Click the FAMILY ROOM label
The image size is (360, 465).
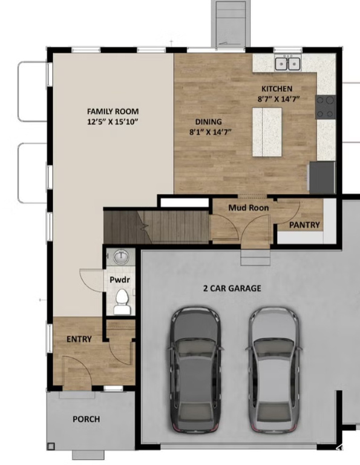(x=113, y=111)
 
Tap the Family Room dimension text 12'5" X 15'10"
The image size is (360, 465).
(x=113, y=122)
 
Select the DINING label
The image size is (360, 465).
(x=209, y=122)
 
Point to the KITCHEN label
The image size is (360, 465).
(x=277, y=88)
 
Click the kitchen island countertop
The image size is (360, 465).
(x=267, y=132)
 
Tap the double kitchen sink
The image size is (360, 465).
(x=287, y=64)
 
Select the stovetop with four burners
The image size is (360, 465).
(x=326, y=107)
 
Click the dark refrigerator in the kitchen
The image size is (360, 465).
(x=322, y=177)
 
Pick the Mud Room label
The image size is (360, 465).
(x=249, y=208)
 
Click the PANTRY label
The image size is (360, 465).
(x=304, y=225)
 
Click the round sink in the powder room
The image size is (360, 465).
(x=121, y=257)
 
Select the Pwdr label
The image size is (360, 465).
(x=120, y=280)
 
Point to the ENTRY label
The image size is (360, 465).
(x=79, y=339)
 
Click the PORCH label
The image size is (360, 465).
(x=87, y=420)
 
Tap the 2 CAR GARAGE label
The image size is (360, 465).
(x=232, y=288)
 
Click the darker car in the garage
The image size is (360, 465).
(x=196, y=369)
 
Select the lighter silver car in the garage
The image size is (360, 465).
(x=273, y=369)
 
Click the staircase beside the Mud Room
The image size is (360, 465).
(x=156, y=226)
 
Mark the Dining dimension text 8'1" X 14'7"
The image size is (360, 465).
(x=211, y=132)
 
